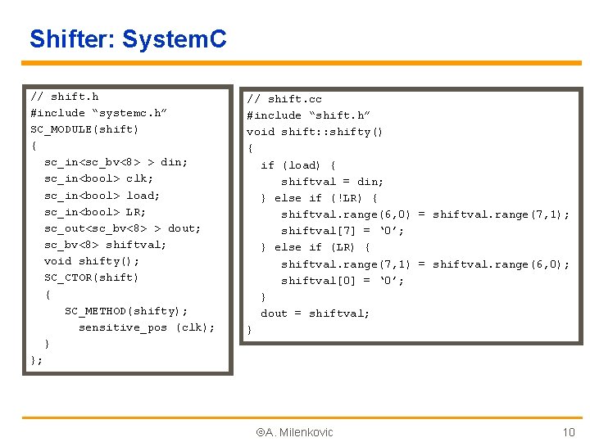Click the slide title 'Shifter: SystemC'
(x=128, y=38)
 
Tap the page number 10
(x=569, y=432)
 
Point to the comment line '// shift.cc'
(x=284, y=99)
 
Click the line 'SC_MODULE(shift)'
(x=84, y=129)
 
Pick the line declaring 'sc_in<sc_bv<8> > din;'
(x=116, y=162)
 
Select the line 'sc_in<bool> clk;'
(x=98, y=178)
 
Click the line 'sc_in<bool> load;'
(x=102, y=195)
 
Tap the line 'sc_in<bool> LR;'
(x=95, y=211)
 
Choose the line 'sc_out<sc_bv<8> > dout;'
(x=122, y=228)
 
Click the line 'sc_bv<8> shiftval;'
(x=105, y=244)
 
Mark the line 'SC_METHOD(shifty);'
(x=126, y=310)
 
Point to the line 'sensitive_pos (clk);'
(x=147, y=327)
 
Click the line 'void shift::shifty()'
(x=315, y=132)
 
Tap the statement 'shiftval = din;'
(x=332, y=182)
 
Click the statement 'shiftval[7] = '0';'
(x=343, y=231)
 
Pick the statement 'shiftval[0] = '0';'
(x=343, y=281)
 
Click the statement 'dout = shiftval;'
(x=315, y=313)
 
